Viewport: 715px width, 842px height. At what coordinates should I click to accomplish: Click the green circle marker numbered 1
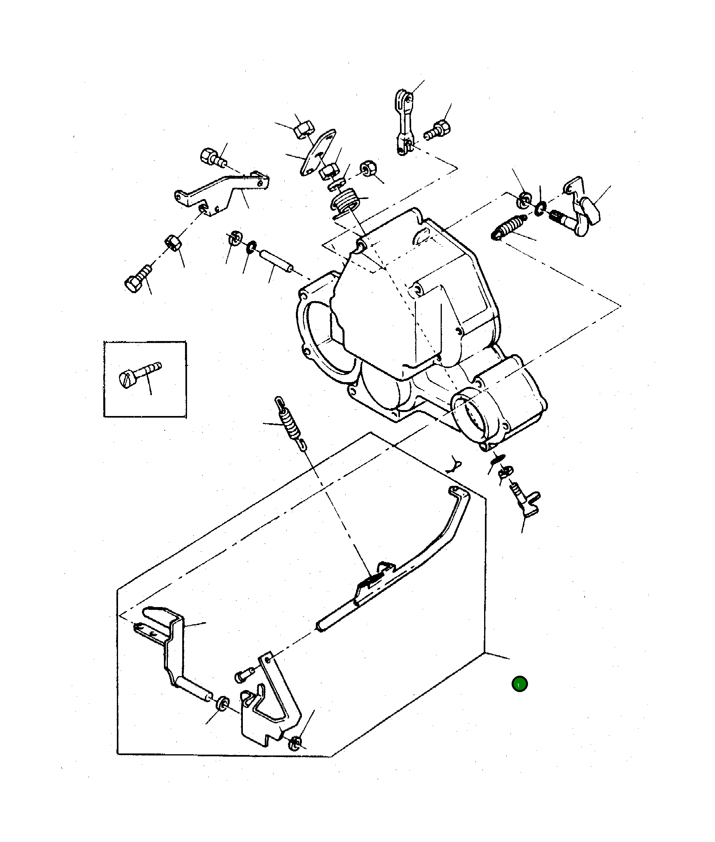coord(519,684)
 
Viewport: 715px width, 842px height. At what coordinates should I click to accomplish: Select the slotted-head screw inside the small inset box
coord(140,375)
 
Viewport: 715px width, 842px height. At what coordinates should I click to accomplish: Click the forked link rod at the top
coord(404,122)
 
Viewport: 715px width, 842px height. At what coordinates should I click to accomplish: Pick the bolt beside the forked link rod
coord(439,130)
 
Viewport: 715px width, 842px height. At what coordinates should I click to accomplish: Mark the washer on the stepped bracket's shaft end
coord(223,703)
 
